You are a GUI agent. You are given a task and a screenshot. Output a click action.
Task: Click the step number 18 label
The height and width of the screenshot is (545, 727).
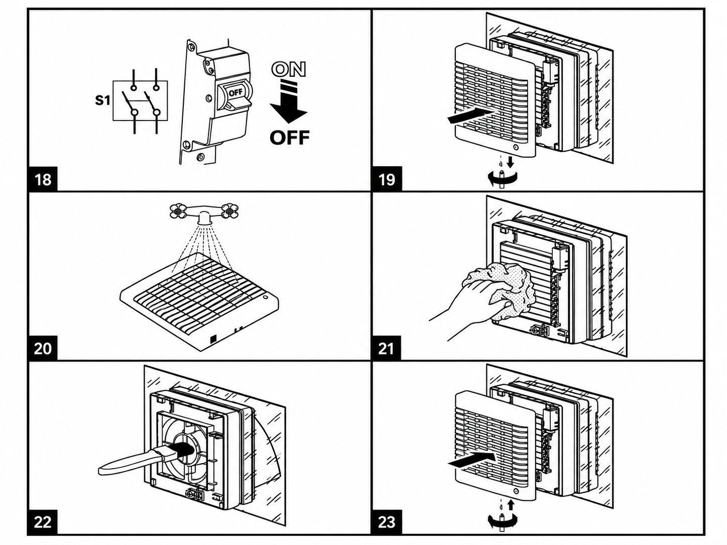(43, 179)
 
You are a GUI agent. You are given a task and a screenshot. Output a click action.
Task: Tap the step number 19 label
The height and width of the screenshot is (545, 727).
(387, 179)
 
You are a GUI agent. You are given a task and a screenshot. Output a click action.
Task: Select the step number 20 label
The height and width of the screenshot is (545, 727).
(43, 349)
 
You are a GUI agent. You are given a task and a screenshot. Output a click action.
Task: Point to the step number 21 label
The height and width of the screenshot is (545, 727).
(386, 349)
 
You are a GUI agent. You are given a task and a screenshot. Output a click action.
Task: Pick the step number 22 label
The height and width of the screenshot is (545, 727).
(43, 522)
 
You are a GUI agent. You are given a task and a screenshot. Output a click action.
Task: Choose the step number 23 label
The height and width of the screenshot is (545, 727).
(387, 522)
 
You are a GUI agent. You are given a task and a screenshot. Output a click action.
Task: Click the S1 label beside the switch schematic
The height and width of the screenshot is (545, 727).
(102, 100)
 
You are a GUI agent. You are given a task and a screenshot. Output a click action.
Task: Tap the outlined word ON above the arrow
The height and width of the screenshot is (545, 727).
(289, 69)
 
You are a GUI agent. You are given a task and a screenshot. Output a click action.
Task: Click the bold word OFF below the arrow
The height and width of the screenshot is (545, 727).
(290, 138)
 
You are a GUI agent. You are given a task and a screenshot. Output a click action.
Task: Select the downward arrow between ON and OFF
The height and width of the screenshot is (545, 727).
(289, 102)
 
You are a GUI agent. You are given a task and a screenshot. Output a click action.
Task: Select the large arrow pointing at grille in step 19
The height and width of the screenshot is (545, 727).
(470, 117)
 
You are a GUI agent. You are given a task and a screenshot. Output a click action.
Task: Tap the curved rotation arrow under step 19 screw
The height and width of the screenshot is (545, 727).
(502, 179)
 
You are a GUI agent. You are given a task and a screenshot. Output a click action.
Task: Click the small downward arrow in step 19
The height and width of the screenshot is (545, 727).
(511, 162)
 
